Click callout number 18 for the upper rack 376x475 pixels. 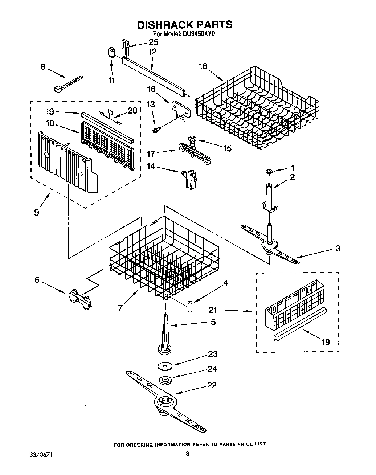(x=203, y=66)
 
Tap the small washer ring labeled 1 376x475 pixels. (x=269, y=171)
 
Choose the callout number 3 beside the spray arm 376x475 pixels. (x=338, y=248)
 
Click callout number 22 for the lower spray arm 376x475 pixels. (x=212, y=385)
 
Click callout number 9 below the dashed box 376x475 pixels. (x=36, y=212)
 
